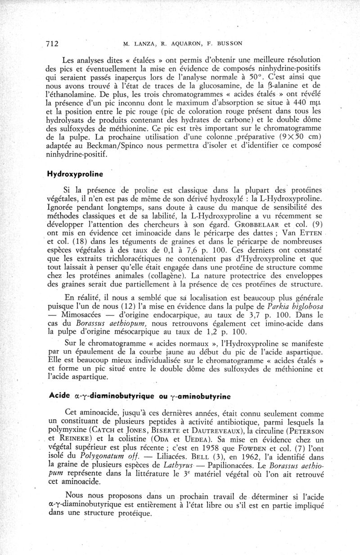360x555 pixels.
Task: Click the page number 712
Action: [53, 43]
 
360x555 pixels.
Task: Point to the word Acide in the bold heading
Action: [58, 396]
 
